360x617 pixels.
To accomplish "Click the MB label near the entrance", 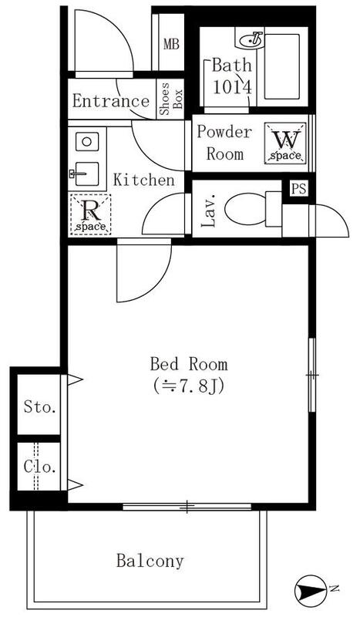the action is coord(171,45).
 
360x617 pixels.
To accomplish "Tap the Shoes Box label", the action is coord(171,99).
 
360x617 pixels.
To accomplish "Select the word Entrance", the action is coord(110,101).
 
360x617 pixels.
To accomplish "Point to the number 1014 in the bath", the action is coord(232,87).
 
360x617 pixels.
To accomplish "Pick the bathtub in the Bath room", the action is coord(281,66).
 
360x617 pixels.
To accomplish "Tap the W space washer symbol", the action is coord(285,143).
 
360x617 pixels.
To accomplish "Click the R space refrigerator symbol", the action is coord(90,214).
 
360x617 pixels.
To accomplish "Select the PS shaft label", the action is coord(298,189).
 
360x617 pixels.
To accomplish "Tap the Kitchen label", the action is coord(144,180).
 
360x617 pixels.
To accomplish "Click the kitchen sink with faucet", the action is coord(85,174).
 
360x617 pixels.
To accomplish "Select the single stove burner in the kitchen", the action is coord(87,141).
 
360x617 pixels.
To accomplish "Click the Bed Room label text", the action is coord(189,364).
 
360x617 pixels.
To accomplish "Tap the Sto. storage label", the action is coord(39,407).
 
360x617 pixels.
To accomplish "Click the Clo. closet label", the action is coord(39,467).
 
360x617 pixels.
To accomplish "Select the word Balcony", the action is coord(150,561).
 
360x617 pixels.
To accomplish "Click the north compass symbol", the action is coord(311,589).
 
